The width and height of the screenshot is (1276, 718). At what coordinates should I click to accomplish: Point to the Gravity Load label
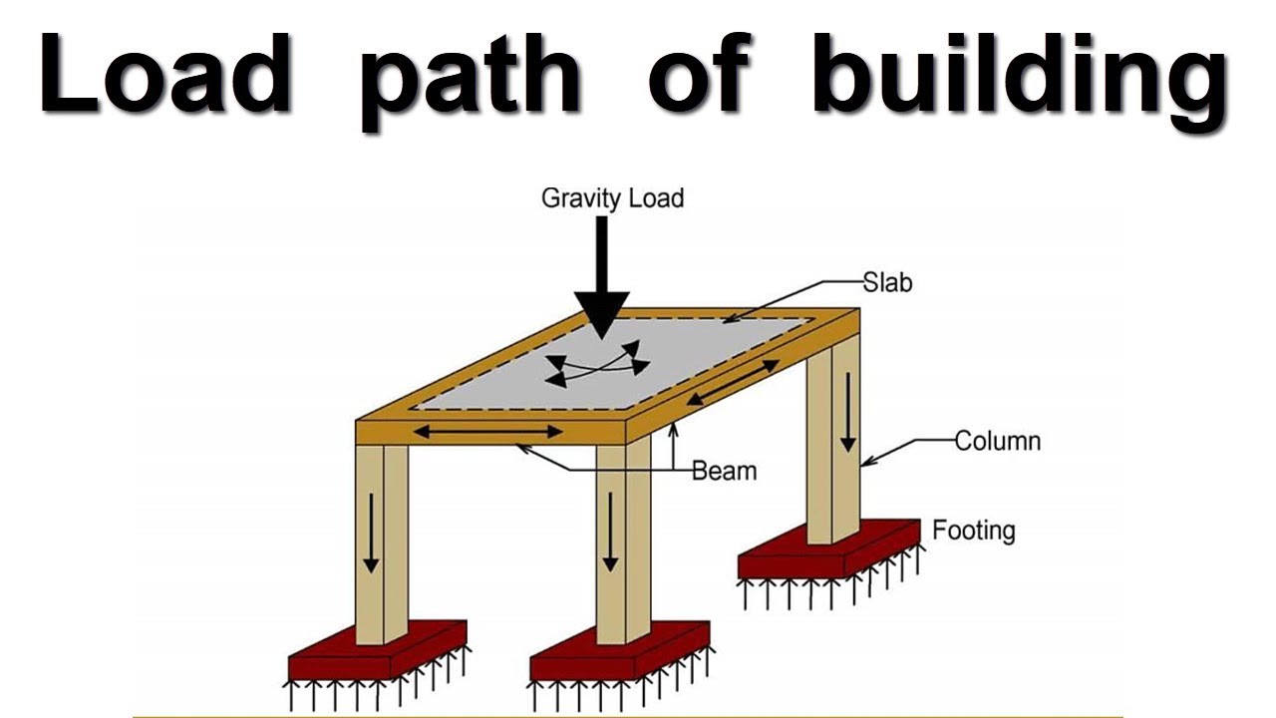coord(612,198)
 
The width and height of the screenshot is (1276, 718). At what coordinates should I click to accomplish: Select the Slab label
coord(887,283)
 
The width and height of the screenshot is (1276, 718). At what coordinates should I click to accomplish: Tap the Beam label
coord(724,470)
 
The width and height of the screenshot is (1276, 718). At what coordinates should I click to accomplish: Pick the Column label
coord(997,440)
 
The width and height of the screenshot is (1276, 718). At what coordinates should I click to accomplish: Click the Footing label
coord(973,530)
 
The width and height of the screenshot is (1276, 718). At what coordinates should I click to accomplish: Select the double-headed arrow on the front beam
coord(488,432)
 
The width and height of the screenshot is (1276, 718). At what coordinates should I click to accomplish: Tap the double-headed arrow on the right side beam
coord(734,382)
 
